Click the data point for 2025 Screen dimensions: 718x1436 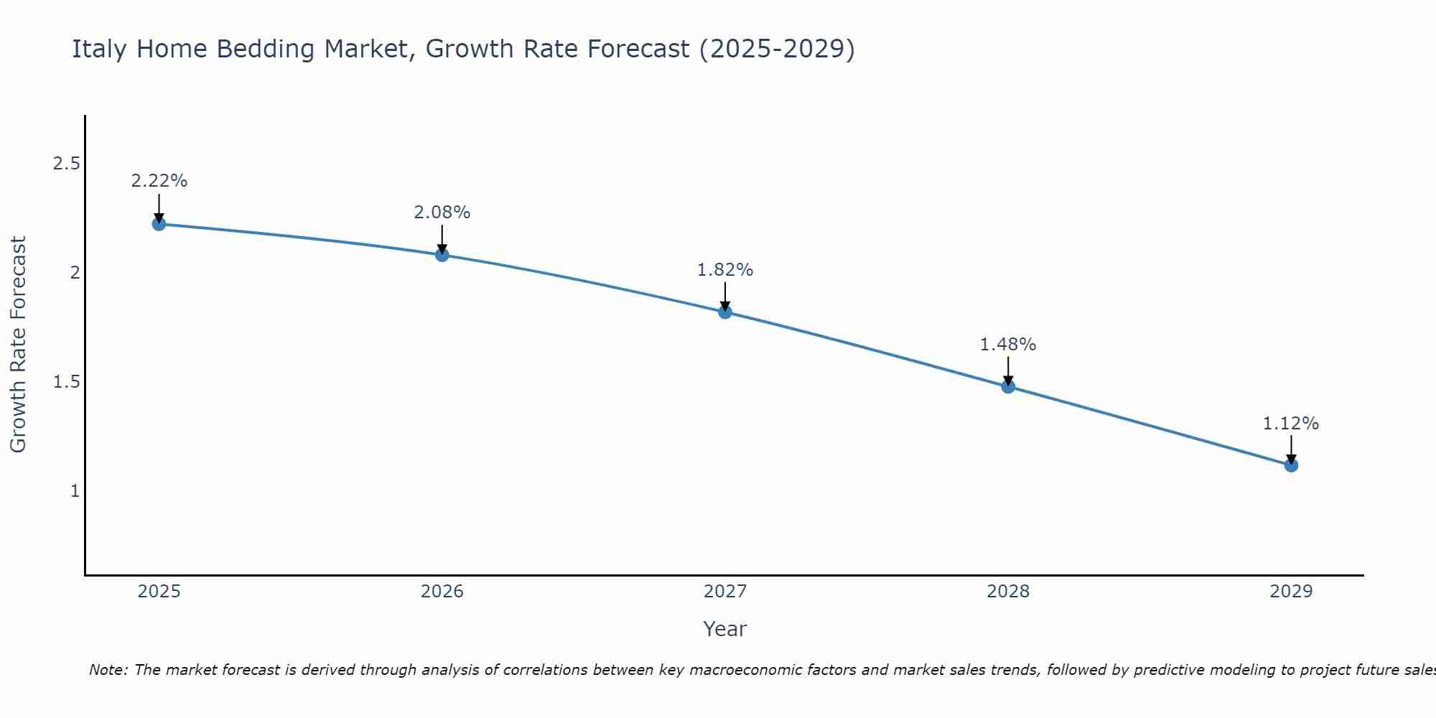point(159,224)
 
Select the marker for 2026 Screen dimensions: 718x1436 point(442,255)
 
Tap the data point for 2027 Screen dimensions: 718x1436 point(725,312)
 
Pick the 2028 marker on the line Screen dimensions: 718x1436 point(1008,386)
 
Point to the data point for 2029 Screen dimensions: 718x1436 point(1291,465)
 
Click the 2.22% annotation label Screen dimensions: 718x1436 point(159,181)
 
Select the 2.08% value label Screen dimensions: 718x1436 point(442,213)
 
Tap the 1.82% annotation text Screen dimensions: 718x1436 point(725,270)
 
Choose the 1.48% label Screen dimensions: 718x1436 point(1008,345)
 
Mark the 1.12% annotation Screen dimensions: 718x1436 point(1291,424)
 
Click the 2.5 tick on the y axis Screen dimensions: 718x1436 point(66,164)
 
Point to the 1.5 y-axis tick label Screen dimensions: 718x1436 point(66,382)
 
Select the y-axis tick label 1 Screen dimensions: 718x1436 point(75,491)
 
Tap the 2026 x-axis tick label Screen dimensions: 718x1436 point(442,592)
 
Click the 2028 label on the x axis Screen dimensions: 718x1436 point(1008,592)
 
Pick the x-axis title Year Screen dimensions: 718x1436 point(725,629)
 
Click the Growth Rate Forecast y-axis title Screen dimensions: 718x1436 point(18,345)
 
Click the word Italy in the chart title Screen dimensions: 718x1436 point(100,50)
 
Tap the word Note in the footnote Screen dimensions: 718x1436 point(107,670)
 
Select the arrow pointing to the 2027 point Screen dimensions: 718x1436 point(725,296)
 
